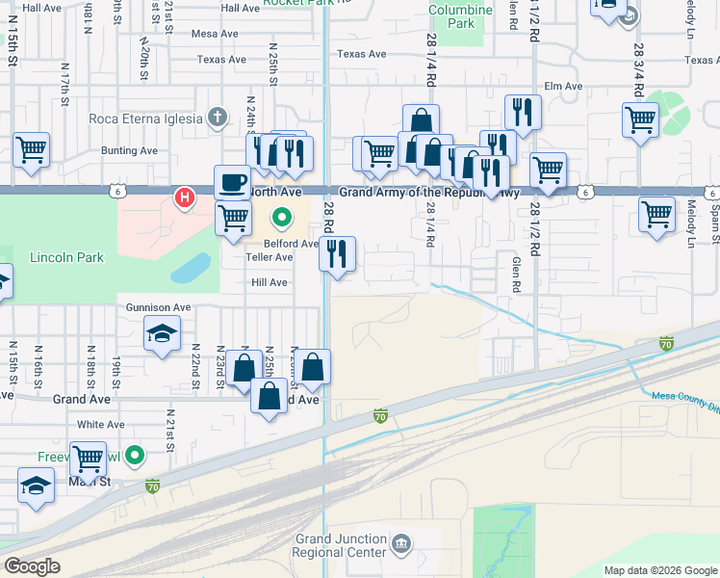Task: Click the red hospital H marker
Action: tap(184, 198)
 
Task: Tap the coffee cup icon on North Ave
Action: tap(232, 181)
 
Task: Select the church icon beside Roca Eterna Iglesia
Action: tap(219, 118)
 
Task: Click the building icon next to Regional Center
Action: tap(402, 545)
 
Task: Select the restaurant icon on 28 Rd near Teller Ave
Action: tap(337, 254)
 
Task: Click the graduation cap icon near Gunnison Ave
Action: tap(162, 334)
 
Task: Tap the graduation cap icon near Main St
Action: tap(36, 486)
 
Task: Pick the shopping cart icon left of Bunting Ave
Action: tap(31, 150)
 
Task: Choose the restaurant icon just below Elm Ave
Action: tap(523, 112)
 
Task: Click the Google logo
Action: tap(33, 566)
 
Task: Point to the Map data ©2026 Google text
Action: tap(660, 570)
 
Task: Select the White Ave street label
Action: tap(101, 424)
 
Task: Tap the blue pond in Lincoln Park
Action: tap(192, 267)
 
